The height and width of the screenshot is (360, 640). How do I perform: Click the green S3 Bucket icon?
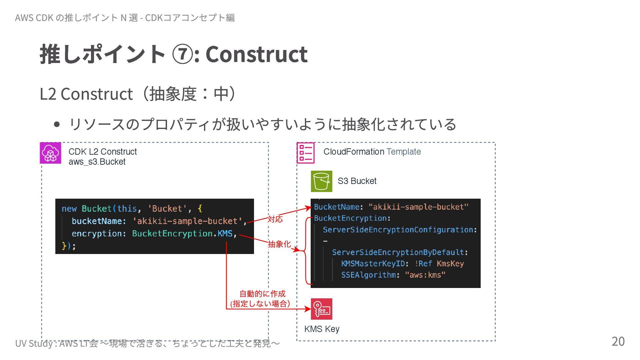point(321,181)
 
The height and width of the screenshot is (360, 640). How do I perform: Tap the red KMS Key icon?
point(321,309)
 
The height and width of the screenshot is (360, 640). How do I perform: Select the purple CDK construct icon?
point(50,153)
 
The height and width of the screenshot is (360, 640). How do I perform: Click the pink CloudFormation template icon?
point(305,153)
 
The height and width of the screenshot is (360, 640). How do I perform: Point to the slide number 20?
point(618,341)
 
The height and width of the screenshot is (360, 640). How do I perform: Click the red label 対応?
point(275,219)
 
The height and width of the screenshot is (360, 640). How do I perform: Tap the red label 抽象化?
point(279,244)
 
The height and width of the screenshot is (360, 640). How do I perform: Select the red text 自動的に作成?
point(262,294)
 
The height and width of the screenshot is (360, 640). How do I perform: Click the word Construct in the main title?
point(256,54)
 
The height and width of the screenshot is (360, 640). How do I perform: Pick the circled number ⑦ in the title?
point(182,54)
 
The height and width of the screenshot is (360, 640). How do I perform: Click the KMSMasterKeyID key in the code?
point(373,264)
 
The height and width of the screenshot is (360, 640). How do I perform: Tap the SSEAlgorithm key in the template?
point(368,275)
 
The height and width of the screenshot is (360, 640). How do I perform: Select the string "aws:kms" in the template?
point(425,275)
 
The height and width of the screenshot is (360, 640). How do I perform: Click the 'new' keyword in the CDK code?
point(69,209)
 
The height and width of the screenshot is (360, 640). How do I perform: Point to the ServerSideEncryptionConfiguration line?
point(399,230)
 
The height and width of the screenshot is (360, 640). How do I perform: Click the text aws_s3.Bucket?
point(97,162)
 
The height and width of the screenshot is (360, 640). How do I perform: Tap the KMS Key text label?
point(322,329)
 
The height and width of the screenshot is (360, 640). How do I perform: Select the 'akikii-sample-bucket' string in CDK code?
point(187,221)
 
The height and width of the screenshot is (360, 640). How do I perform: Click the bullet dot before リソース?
point(57,125)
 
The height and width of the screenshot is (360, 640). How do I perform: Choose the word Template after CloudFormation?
point(403,152)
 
